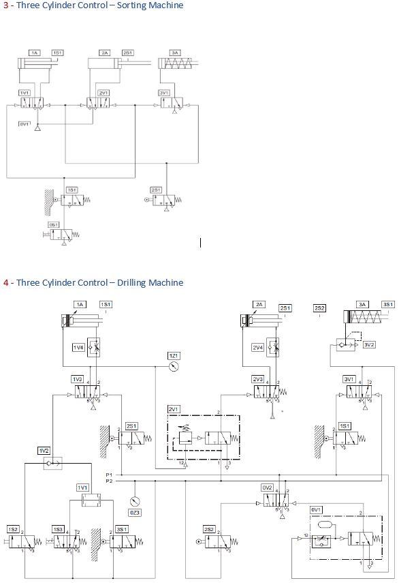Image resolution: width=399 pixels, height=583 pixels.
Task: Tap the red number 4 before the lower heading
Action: click(x=5, y=282)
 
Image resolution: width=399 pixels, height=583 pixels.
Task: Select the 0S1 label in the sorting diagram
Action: click(x=53, y=224)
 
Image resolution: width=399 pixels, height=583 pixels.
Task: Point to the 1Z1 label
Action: click(x=174, y=355)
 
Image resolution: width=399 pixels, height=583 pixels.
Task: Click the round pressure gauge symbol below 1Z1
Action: click(x=174, y=366)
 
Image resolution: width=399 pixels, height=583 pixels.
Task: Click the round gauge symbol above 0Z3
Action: click(x=135, y=502)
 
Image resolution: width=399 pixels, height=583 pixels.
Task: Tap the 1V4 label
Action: click(x=79, y=348)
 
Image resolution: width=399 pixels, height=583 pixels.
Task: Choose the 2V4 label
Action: click(x=257, y=348)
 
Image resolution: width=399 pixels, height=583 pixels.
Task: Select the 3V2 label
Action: click(x=369, y=345)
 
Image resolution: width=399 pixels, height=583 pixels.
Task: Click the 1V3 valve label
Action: click(x=77, y=379)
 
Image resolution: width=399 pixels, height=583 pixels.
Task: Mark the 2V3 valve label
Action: click(x=257, y=379)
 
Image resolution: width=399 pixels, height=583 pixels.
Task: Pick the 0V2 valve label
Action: click(x=268, y=488)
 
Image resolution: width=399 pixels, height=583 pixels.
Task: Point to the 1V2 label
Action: click(x=44, y=451)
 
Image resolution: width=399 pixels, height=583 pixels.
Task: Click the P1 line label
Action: click(x=109, y=474)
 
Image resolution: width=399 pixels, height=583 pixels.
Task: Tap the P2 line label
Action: click(x=109, y=481)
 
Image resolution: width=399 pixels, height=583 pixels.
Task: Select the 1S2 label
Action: click(x=13, y=529)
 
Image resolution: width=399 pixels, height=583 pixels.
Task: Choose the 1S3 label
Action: click(x=59, y=529)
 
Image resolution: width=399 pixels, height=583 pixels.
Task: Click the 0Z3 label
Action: click(x=135, y=513)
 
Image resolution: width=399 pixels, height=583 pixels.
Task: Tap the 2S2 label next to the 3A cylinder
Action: click(x=319, y=308)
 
